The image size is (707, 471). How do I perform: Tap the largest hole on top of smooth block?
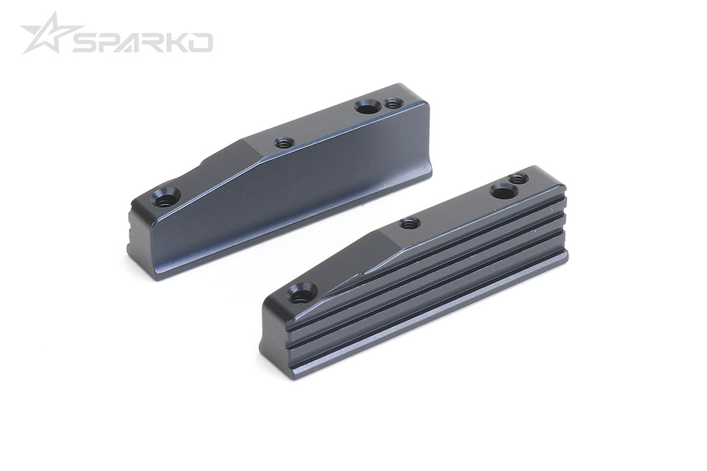click(366, 107)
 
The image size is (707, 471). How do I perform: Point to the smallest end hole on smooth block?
click(390, 103)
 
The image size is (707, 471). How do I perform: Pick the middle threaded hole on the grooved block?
click(409, 223)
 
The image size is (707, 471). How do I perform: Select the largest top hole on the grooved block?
click(502, 190)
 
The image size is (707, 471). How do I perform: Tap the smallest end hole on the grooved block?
click(518, 179)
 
